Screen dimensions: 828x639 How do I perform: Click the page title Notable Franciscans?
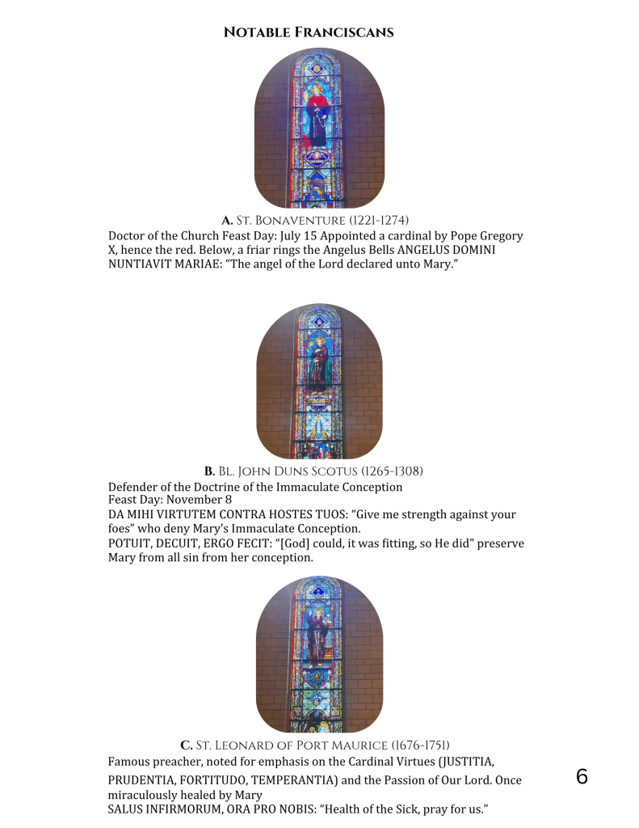coord(308,32)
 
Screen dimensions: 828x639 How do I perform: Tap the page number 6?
coord(582,778)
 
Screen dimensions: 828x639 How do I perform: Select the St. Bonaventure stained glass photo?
coord(319,128)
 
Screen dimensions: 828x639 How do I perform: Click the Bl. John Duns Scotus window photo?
coord(319,381)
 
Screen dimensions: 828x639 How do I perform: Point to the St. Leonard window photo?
coord(319,654)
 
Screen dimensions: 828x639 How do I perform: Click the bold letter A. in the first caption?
coord(227,220)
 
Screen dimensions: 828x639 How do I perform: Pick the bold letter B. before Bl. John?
coord(209,471)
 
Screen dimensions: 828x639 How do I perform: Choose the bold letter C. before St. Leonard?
coord(186,745)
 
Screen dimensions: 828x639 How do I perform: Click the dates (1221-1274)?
coord(379,220)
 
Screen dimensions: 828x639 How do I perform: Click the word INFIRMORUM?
coord(190,809)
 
